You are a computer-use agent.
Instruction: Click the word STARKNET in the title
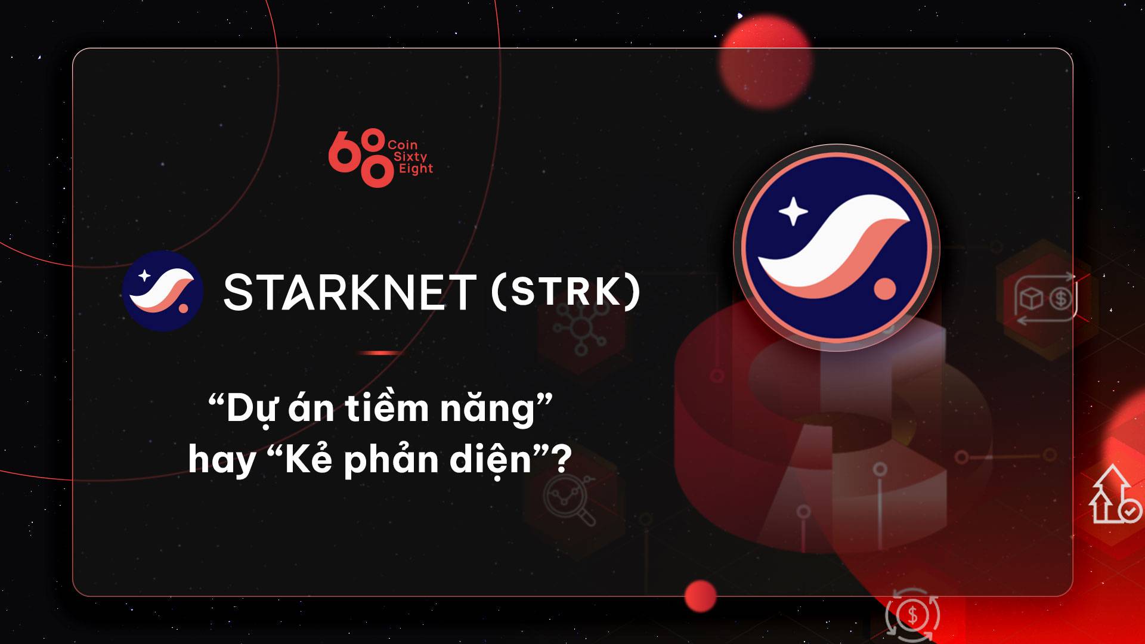350,292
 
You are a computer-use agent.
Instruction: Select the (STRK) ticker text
566,292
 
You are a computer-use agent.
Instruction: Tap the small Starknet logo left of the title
163,291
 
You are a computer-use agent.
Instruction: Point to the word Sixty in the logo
410,157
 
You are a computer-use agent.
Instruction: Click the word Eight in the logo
416,169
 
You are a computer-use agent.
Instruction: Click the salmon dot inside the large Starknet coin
885,289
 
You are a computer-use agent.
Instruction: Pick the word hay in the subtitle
222,461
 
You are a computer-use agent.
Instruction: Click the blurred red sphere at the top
766,61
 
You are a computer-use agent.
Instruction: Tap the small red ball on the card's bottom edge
701,596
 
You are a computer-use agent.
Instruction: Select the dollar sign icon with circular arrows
912,614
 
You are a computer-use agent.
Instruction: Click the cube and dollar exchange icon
1045,299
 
